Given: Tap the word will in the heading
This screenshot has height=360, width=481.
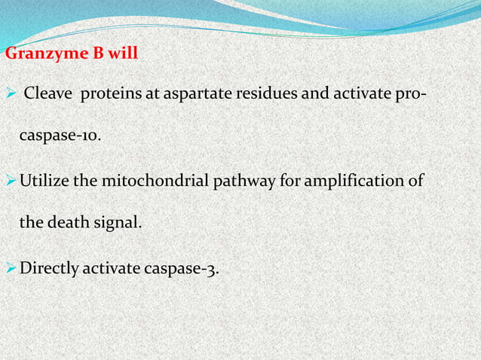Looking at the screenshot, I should coord(123,55).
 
